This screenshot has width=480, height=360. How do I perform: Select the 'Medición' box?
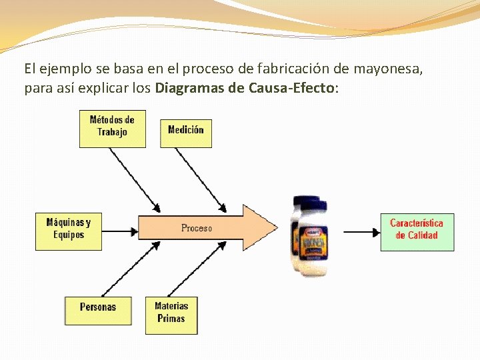click(x=186, y=131)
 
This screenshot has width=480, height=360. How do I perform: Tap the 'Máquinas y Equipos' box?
click(x=69, y=229)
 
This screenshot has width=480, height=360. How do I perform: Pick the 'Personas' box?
click(x=97, y=307)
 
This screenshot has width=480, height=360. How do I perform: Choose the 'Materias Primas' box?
click(x=171, y=313)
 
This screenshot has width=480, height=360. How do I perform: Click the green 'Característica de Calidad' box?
click(x=417, y=230)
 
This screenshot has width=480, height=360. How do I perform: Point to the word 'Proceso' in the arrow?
click(x=197, y=228)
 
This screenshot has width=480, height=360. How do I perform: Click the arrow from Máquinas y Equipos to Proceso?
click(x=120, y=231)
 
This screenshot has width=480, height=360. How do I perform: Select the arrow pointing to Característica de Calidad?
click(x=361, y=231)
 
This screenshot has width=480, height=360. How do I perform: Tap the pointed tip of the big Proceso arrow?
click(x=274, y=227)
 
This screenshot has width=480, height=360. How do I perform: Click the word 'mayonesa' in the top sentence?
click(x=387, y=69)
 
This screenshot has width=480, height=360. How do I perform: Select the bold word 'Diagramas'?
click(x=189, y=88)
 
